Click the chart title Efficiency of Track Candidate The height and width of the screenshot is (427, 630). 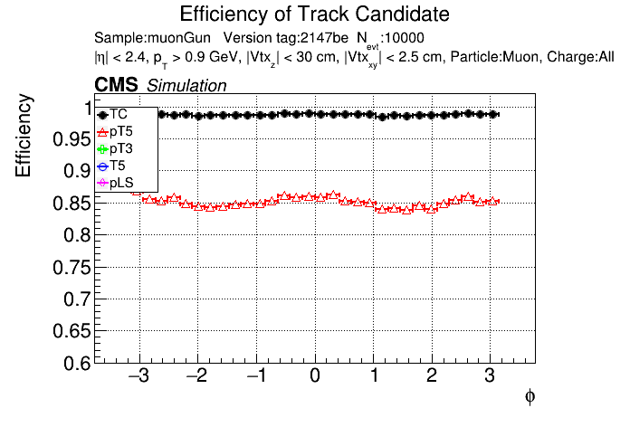tap(314, 14)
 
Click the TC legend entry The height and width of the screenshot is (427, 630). tap(112, 115)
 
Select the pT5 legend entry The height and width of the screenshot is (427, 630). tap(115, 132)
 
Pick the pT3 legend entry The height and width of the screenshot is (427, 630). tap(115, 149)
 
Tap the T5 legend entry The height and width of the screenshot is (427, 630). tap(111, 166)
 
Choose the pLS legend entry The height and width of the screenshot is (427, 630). tap(115, 183)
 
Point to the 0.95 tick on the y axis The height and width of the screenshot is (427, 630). tap(72, 139)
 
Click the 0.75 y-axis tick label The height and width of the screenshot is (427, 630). tap(72, 268)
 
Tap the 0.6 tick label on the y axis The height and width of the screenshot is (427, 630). tap(77, 364)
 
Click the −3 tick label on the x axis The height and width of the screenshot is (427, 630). tap(138, 376)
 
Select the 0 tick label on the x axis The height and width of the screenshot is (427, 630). tap(315, 376)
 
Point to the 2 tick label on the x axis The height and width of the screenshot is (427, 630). tap(432, 376)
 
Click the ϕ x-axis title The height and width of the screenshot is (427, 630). tap(530, 397)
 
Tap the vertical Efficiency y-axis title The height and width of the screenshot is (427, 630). tap(24, 136)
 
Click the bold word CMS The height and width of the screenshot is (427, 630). tap(116, 85)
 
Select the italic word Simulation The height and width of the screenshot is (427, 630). tap(186, 86)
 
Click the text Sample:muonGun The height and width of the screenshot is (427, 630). tap(153, 38)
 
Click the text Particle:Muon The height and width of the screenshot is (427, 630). tap(494, 57)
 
